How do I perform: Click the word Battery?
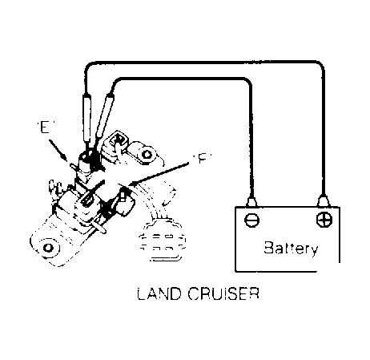click(x=291, y=249)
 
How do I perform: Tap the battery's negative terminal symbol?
click(x=251, y=220)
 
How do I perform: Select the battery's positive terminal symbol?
click(x=324, y=220)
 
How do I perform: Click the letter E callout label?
click(x=45, y=127)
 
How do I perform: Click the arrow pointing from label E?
click(x=58, y=150)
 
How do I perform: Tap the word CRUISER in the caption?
click(x=223, y=293)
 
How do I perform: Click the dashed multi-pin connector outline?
click(x=162, y=241)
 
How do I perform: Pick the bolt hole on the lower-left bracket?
click(x=47, y=248)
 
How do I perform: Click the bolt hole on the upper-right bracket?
click(x=147, y=154)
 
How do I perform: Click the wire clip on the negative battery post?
click(x=251, y=201)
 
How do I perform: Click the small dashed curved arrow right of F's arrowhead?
click(x=170, y=194)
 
